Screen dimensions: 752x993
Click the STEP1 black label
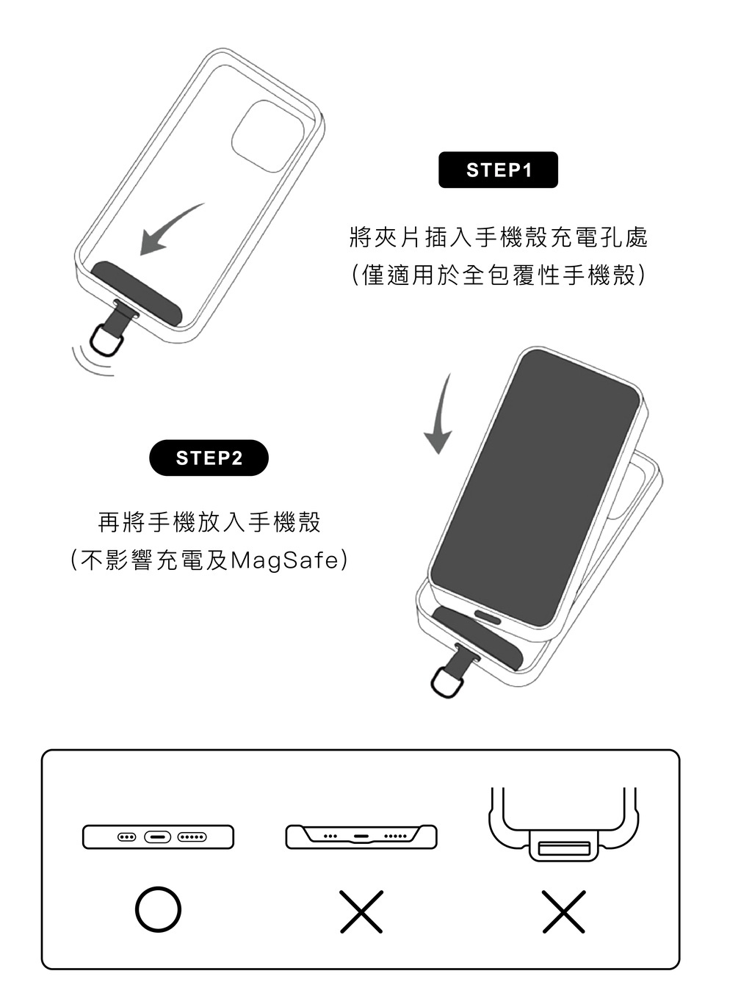pyautogui.click(x=498, y=170)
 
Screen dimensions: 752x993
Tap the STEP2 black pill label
pyautogui.click(x=209, y=458)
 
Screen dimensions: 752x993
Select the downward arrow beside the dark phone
pyautogui.click(x=441, y=416)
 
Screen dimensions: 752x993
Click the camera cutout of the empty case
pyautogui.click(x=267, y=136)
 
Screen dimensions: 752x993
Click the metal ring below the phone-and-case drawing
pyautogui.click(x=447, y=682)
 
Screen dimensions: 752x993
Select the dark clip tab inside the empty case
pyautogui.click(x=137, y=293)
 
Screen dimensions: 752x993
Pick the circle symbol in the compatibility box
pyautogui.click(x=158, y=909)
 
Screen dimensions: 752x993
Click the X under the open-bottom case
pyautogui.click(x=361, y=911)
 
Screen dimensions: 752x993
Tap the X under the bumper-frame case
pyautogui.click(x=563, y=911)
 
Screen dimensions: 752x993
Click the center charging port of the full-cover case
pyautogui.click(x=157, y=837)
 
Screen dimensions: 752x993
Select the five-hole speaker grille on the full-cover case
pyautogui.click(x=192, y=837)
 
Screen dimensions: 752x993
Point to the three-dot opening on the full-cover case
pyautogui.click(x=126, y=837)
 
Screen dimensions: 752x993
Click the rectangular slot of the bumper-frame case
pyautogui.click(x=564, y=848)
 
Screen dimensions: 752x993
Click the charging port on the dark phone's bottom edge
pyautogui.click(x=487, y=617)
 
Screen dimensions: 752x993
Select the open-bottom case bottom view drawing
pyautogui.click(x=361, y=837)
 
